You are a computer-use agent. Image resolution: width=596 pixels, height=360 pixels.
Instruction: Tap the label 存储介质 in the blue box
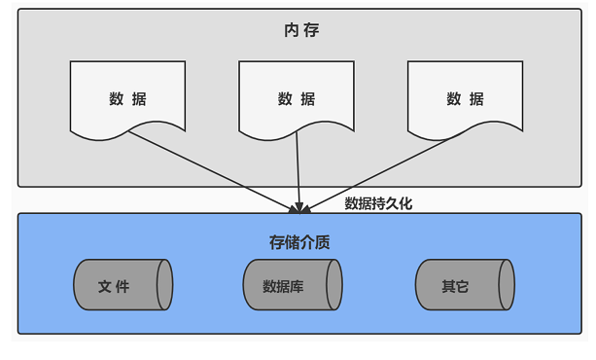tap(299, 242)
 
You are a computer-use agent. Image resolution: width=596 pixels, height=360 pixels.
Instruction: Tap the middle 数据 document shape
tap(297, 97)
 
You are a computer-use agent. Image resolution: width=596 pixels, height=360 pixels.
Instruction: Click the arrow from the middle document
tap(298, 169)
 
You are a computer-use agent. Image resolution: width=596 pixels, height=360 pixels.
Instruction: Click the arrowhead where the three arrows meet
tap(300, 207)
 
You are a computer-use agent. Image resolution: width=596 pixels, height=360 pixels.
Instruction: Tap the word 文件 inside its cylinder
tap(114, 286)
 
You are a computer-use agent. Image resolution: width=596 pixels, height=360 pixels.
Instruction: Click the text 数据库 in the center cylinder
tap(283, 286)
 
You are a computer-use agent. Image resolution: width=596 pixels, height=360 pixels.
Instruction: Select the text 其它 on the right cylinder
tap(455, 286)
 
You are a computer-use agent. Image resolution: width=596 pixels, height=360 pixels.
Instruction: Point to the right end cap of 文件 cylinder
tap(164, 285)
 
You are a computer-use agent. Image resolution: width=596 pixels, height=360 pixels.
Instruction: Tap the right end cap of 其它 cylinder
tap(506, 285)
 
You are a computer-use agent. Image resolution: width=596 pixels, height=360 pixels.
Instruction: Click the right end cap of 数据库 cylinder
tap(334, 285)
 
